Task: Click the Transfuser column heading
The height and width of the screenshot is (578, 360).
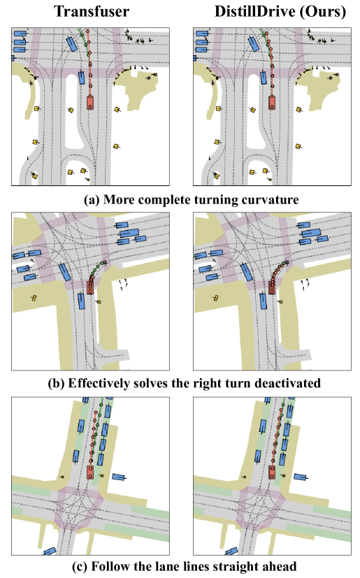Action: (92, 11)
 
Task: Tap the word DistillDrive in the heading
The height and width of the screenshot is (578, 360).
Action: (255, 11)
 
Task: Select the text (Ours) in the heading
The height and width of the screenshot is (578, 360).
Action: (323, 11)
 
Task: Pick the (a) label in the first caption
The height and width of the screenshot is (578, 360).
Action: (92, 200)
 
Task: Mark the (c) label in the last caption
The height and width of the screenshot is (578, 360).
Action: (79, 566)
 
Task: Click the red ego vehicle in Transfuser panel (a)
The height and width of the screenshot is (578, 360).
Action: (90, 103)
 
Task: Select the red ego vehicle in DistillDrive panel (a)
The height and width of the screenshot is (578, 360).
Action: (272, 102)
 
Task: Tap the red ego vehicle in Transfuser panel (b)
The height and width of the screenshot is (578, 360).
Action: (90, 287)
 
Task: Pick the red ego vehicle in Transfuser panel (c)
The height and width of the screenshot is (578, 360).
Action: (90, 472)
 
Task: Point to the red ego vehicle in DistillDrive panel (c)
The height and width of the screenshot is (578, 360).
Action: (272, 472)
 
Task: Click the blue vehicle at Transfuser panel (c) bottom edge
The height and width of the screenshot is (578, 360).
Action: (50, 551)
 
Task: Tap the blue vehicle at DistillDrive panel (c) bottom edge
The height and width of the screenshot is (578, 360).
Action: (231, 551)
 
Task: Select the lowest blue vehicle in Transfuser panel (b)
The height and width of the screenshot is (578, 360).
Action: (82, 301)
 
